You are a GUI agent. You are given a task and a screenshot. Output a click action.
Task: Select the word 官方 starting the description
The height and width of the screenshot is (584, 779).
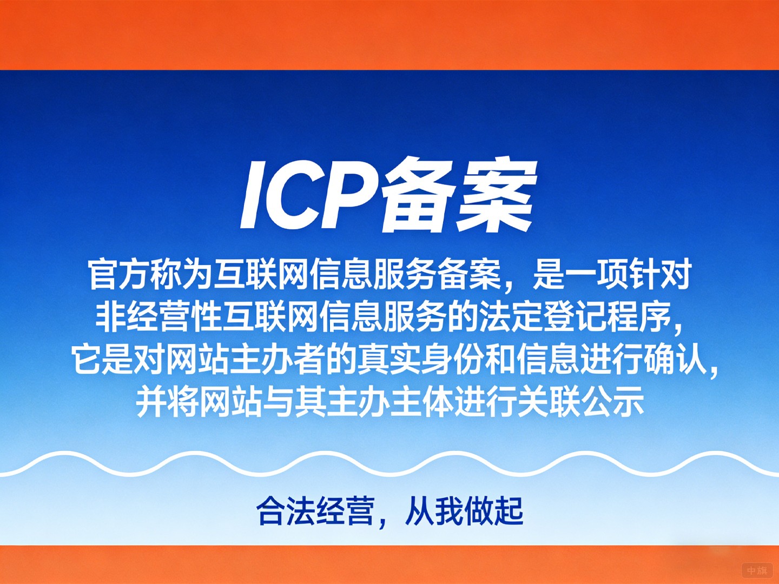pyautogui.click(x=118, y=275)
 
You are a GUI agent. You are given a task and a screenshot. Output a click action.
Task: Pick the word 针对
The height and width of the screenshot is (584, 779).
pyautogui.click(x=661, y=275)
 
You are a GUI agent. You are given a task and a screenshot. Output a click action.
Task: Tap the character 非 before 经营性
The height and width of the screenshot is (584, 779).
pyautogui.click(x=111, y=317)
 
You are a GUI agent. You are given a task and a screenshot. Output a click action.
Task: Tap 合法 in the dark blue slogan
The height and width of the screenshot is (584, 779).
pyautogui.click(x=286, y=511)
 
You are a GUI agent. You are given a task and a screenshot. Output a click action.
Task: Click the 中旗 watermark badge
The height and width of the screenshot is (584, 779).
pyautogui.click(x=757, y=570)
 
